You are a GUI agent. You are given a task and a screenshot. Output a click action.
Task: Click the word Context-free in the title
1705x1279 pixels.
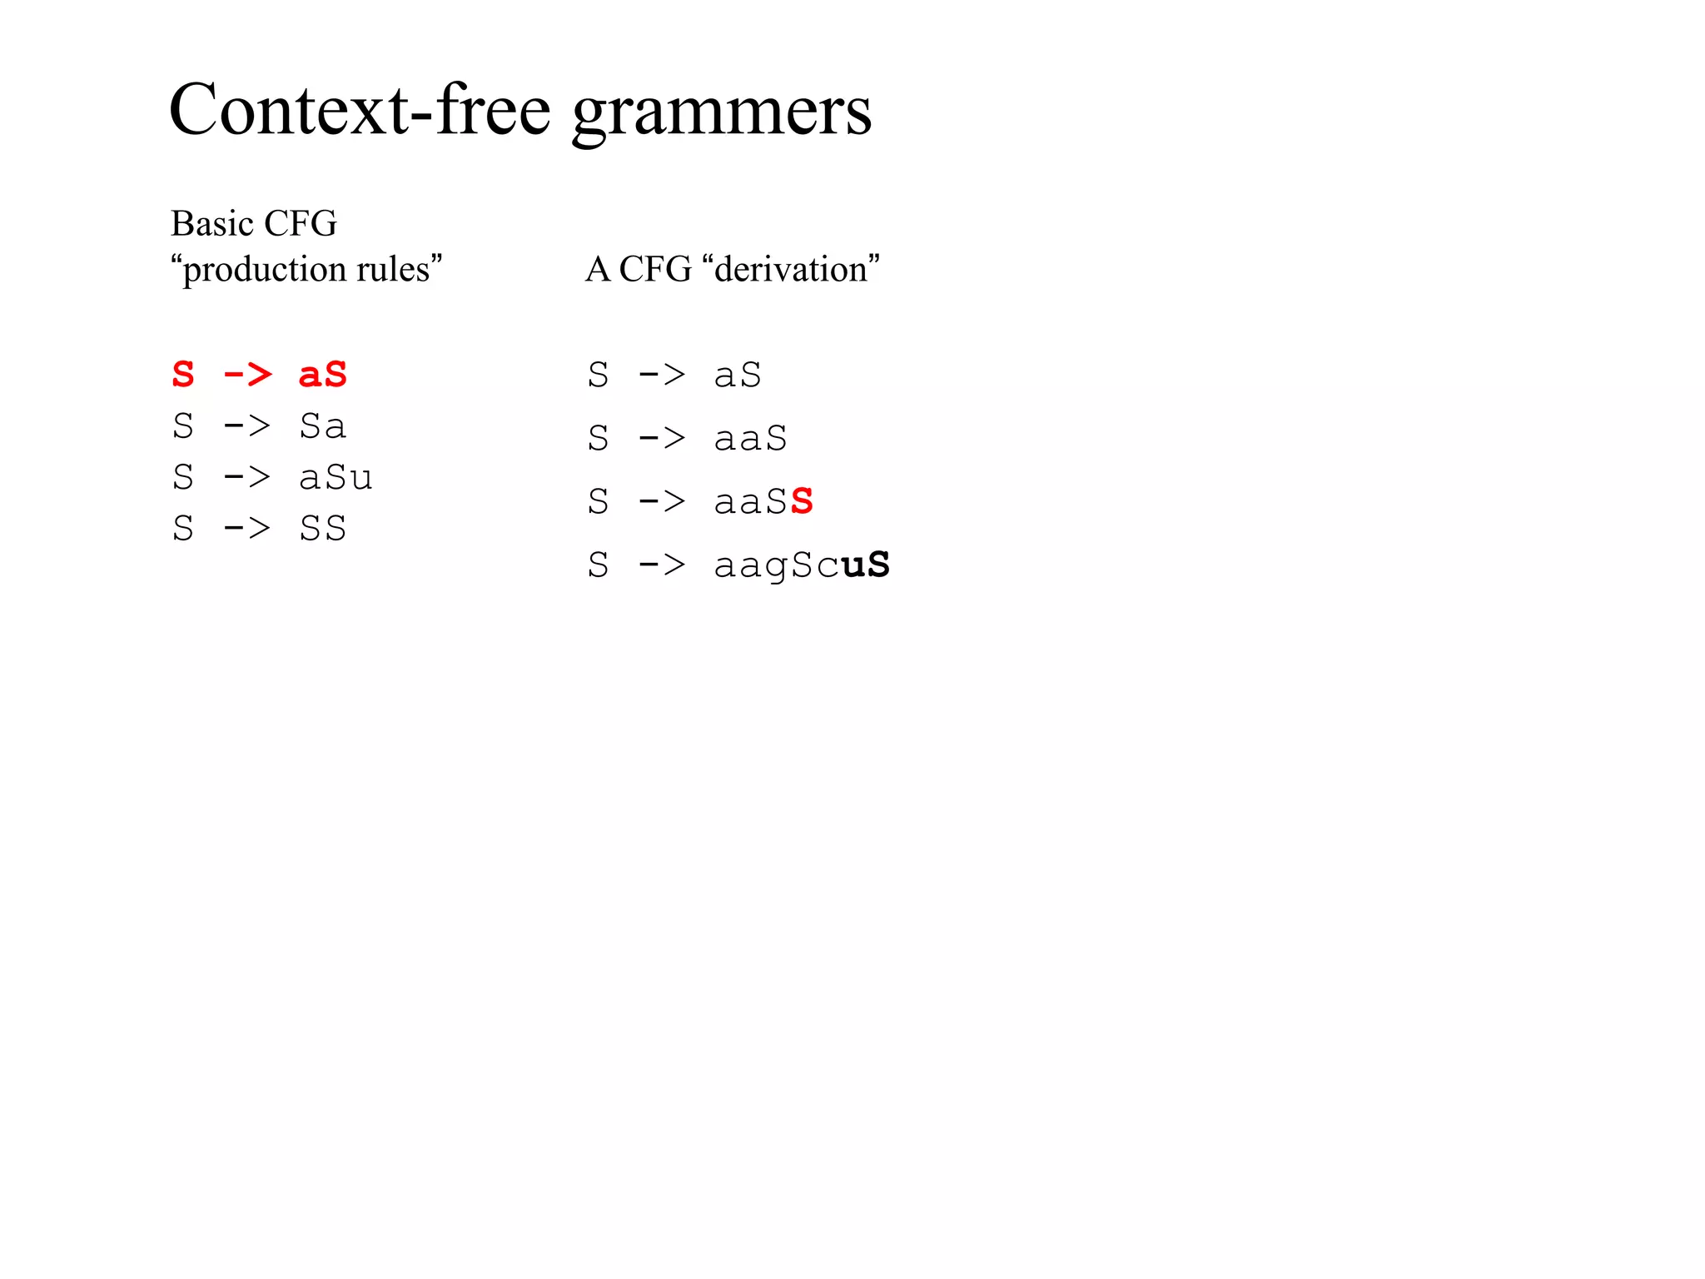(x=360, y=110)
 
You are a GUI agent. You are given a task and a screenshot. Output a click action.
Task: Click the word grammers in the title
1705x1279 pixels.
(x=722, y=113)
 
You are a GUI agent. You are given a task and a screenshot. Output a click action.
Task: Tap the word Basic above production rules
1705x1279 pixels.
(x=212, y=223)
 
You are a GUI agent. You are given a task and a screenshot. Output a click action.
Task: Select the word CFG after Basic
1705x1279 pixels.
(x=301, y=223)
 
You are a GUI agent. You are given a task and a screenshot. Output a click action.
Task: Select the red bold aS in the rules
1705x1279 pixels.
(x=323, y=375)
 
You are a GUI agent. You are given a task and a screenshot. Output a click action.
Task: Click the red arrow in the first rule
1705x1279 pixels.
(x=247, y=375)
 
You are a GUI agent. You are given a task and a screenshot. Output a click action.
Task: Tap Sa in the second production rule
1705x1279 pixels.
(x=323, y=426)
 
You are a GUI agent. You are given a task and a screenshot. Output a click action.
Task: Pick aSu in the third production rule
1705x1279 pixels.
(x=336, y=478)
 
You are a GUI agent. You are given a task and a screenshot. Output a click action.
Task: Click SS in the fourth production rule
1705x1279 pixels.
(x=323, y=529)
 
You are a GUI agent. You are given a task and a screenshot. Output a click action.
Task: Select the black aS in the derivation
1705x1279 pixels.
(x=738, y=376)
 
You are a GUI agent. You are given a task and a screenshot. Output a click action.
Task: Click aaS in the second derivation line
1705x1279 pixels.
(x=750, y=439)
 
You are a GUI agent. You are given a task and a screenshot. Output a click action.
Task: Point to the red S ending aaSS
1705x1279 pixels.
(x=802, y=502)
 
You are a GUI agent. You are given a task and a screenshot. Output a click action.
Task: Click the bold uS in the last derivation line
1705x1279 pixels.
(x=865, y=565)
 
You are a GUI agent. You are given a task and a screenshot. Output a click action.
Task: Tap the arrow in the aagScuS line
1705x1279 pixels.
(x=662, y=565)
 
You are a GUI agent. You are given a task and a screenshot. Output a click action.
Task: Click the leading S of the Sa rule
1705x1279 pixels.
(x=183, y=426)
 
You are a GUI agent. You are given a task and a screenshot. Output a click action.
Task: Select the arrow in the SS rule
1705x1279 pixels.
(x=247, y=529)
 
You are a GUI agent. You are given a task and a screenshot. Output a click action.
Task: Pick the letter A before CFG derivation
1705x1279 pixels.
(x=598, y=269)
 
